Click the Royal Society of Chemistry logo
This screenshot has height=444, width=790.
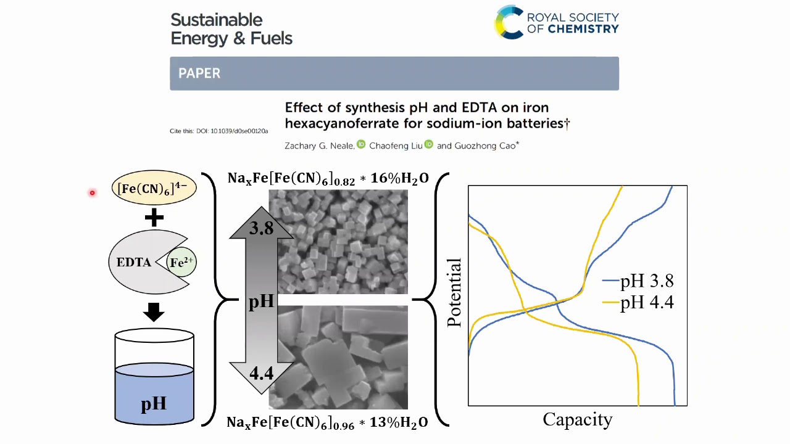pos(557,22)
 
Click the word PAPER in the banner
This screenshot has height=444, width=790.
pos(199,73)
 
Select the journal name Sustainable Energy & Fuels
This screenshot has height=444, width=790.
pos(231,29)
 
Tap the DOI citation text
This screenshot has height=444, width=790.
pos(218,131)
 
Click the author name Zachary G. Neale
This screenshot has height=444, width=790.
pos(319,146)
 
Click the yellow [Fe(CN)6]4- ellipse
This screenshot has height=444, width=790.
pos(154,188)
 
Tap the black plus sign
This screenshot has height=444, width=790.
pos(154,218)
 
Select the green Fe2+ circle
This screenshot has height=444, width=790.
pos(181,262)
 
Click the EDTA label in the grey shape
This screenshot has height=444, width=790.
pos(134,262)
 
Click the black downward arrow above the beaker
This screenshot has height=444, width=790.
pos(154,312)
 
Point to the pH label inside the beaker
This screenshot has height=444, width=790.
pos(154,404)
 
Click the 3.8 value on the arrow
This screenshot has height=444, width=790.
pos(261,228)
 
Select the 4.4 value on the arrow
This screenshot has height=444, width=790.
pos(261,373)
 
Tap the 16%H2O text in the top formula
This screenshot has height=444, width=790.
pos(399,178)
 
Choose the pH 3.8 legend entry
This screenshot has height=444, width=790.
pos(638,281)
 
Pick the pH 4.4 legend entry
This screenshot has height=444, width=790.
pos(638,302)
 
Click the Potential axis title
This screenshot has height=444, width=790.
pos(454,292)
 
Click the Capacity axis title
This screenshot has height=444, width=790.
pos(578,420)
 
